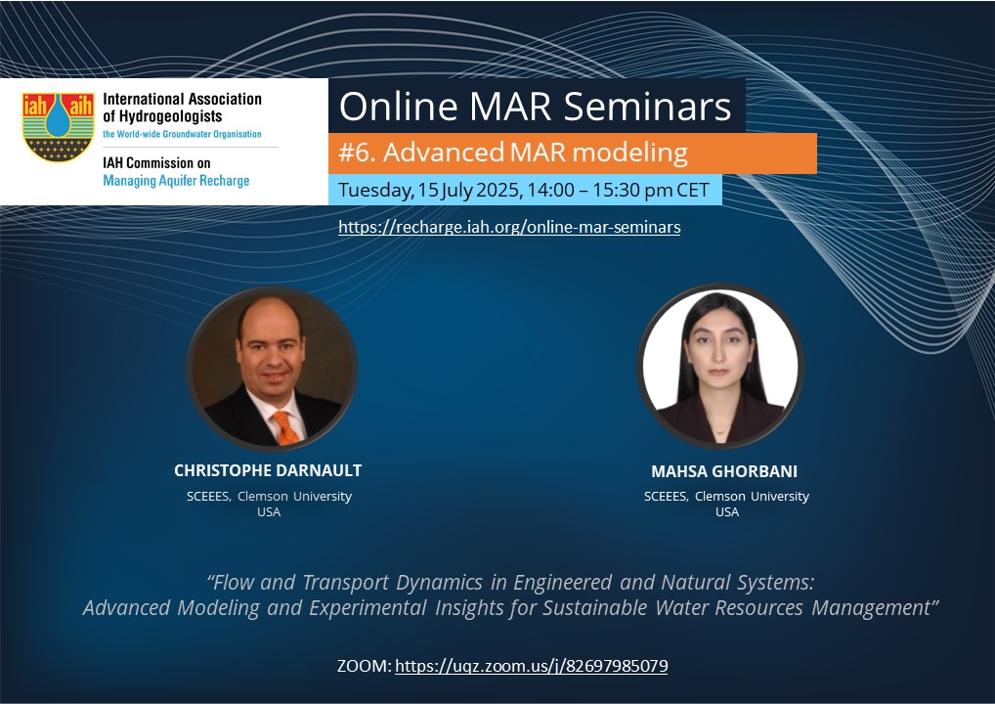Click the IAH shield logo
[58, 127]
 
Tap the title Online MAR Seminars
[535, 106]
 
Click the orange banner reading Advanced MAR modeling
[572, 153]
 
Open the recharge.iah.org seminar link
[509, 227]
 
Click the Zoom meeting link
[531, 666]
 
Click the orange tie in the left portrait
[285, 427]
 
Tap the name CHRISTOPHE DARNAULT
[268, 470]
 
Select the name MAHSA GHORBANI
[724, 471]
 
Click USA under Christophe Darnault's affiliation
[269, 511]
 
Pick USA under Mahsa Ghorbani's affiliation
[726, 511]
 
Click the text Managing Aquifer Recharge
[176, 181]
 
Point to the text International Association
[182, 99]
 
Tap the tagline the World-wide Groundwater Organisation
[182, 134]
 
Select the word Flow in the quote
[234, 582]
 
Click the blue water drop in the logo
[58, 116]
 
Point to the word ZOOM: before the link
[365, 666]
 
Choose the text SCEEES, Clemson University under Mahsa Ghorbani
[726, 496]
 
